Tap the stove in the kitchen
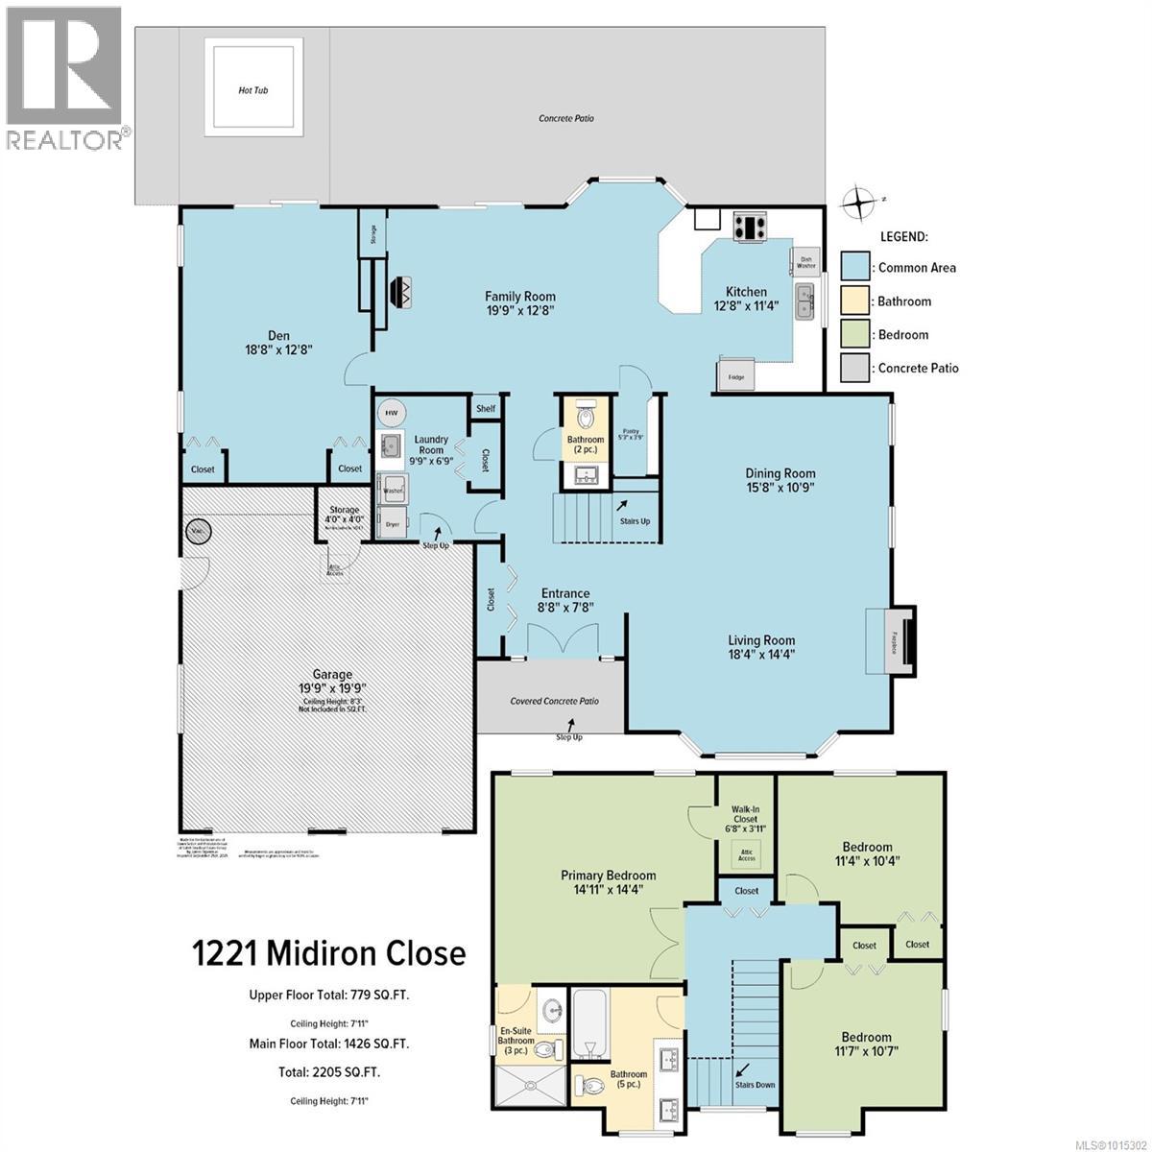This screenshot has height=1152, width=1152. click(x=750, y=228)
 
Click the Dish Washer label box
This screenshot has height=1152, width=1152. click(x=806, y=261)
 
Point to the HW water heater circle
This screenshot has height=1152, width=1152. click(x=392, y=412)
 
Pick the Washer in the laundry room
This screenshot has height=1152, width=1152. click(x=393, y=490)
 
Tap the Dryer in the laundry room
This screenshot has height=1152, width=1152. click(x=393, y=524)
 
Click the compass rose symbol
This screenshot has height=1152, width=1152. click(x=856, y=203)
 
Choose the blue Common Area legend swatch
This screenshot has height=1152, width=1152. click(x=855, y=268)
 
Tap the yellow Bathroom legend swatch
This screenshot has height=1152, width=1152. click(x=855, y=301)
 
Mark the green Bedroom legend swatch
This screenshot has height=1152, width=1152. click(x=855, y=335)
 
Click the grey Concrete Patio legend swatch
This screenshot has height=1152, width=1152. click(x=855, y=368)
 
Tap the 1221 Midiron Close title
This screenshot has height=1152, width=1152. click(x=329, y=953)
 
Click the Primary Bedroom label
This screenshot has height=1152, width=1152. click(x=609, y=881)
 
